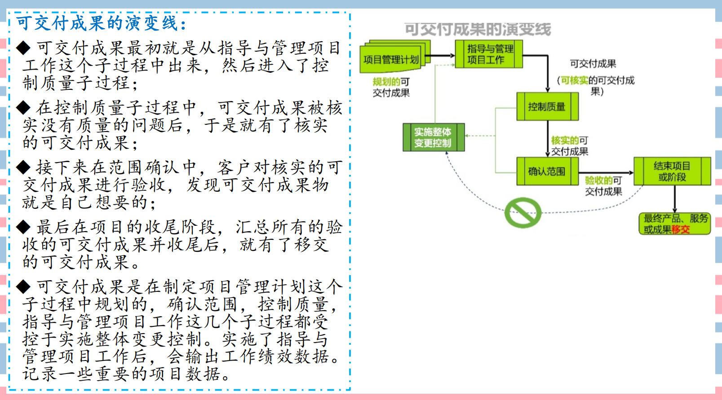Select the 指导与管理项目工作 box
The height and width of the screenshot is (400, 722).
(489, 54)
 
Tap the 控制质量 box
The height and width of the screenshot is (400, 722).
(547, 106)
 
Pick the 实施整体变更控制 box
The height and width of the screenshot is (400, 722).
(433, 137)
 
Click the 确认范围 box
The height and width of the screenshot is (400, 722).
(547, 171)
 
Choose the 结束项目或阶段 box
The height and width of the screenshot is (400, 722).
(672, 171)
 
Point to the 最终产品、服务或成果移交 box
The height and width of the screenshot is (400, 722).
(674, 224)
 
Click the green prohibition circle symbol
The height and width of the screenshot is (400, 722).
(523, 213)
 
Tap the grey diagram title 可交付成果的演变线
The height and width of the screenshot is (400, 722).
(478, 30)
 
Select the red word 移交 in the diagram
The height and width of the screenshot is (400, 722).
(681, 229)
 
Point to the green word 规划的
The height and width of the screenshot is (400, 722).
(386, 82)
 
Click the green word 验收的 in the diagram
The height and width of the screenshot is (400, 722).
(598, 180)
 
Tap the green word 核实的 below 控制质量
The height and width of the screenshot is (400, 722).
(565, 141)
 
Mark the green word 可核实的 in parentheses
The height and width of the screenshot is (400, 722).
(574, 80)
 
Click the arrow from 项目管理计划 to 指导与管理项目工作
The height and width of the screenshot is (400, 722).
(442, 56)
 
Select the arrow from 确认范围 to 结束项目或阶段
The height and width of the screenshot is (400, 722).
(606, 172)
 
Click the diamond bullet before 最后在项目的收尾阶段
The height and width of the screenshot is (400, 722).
(23, 227)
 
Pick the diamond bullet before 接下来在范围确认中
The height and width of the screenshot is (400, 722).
(23, 167)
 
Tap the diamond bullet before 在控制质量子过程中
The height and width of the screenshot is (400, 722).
(23, 107)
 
